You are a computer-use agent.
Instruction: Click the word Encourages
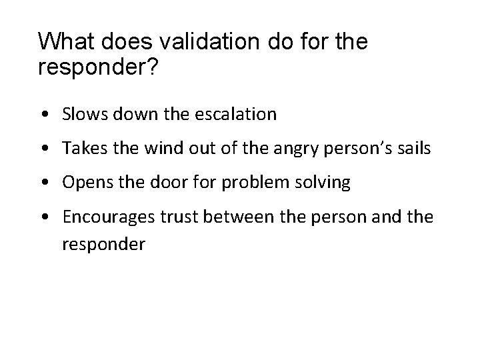click(x=103, y=219)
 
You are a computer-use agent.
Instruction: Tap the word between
click(x=231, y=218)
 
